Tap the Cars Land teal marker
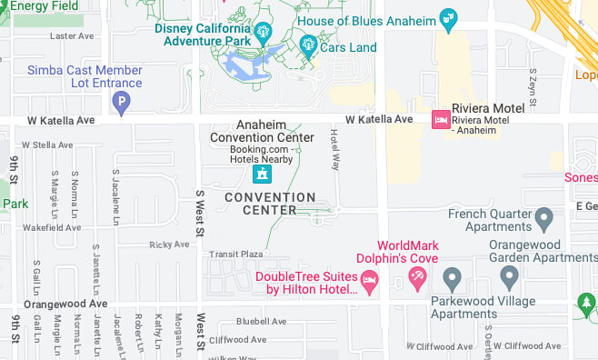click(308, 44)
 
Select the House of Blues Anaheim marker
click(447, 17)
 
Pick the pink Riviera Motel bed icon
click(440, 120)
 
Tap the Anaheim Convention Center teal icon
click(262, 172)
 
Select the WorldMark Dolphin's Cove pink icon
click(417, 279)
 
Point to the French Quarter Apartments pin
click(543, 219)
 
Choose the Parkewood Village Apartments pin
click(452, 277)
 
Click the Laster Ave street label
click(73, 36)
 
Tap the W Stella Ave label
click(47, 145)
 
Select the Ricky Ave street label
click(169, 245)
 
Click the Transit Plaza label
click(236, 255)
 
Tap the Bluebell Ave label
click(261, 321)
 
